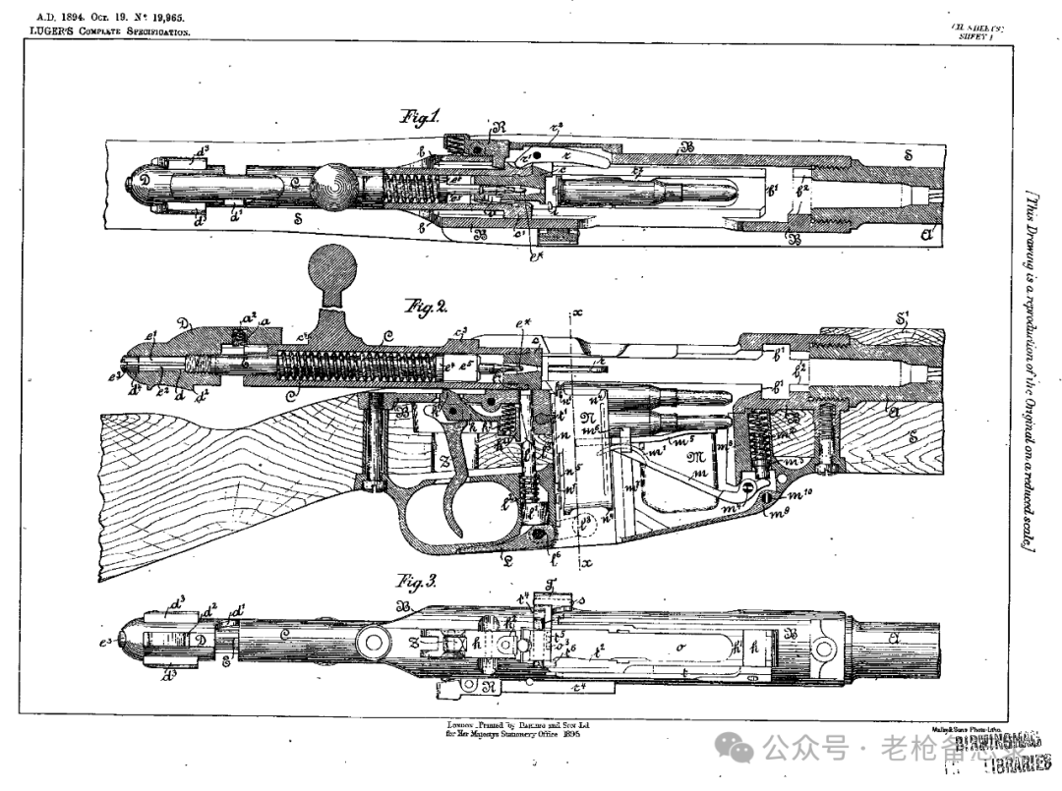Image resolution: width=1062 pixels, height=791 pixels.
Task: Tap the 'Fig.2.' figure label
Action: click(426, 308)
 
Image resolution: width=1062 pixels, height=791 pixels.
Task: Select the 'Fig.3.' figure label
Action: click(415, 584)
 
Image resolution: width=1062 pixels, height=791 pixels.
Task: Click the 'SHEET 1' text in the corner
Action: click(976, 37)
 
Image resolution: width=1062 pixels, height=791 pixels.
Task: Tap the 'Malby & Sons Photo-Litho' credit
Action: click(966, 729)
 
